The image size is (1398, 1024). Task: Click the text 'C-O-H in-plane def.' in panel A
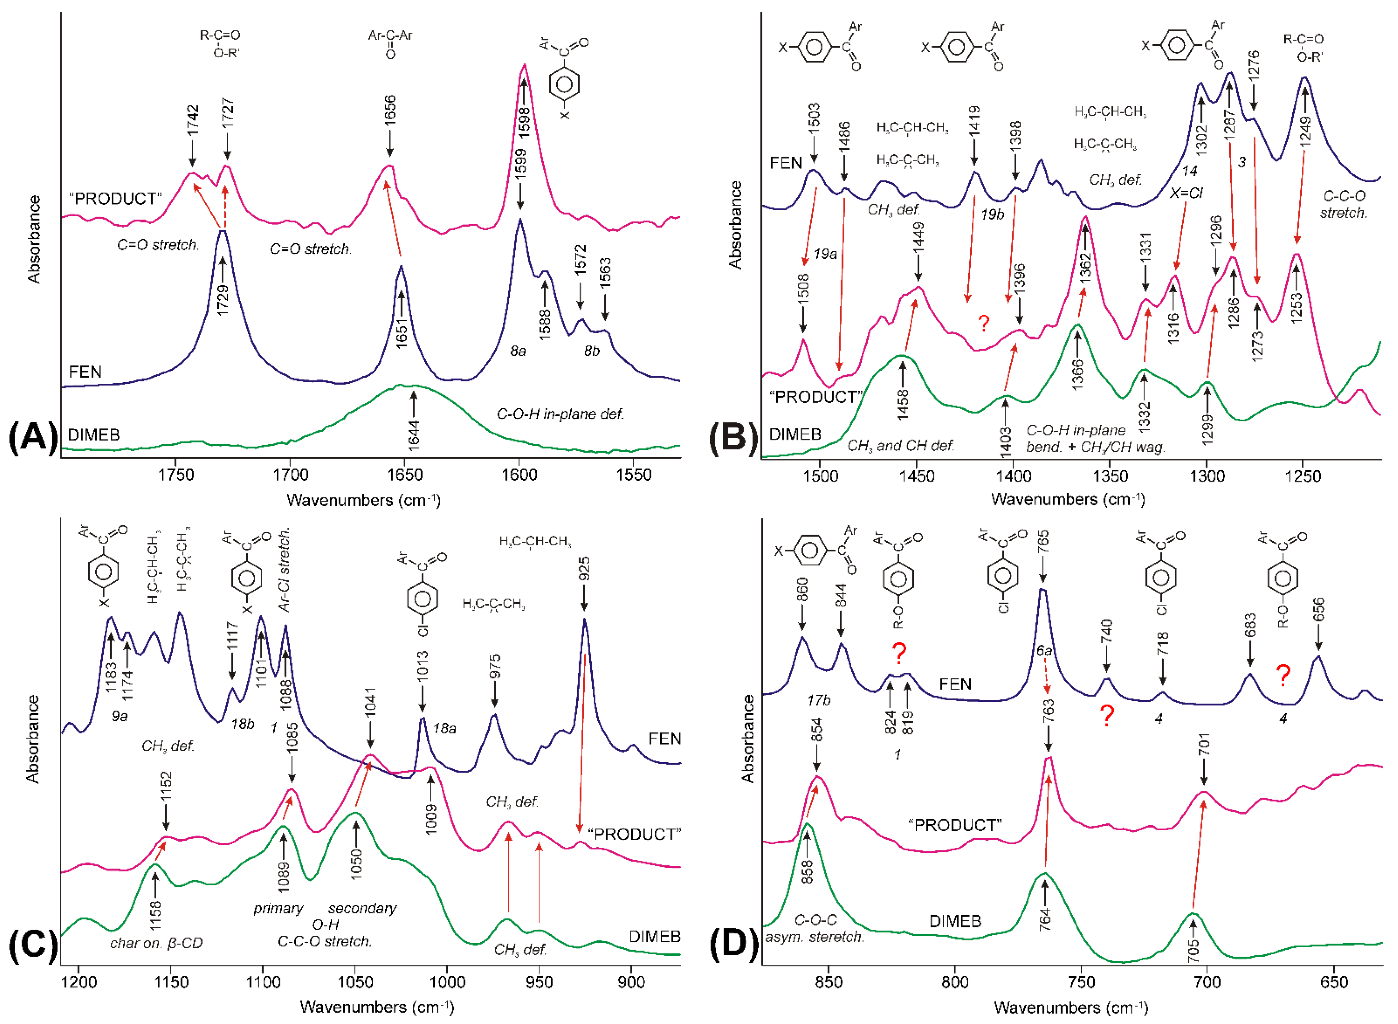pyautogui.click(x=560, y=414)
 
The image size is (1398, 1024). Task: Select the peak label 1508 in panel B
pyautogui.click(x=803, y=289)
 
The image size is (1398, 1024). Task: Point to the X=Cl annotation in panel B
pyautogui.click(x=1186, y=193)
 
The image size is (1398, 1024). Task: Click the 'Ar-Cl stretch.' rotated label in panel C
pyautogui.click(x=285, y=569)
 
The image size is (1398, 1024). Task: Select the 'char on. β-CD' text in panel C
pyautogui.click(x=156, y=943)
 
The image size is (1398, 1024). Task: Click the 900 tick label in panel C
pyautogui.click(x=631, y=982)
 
